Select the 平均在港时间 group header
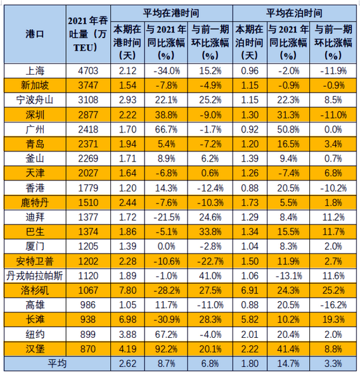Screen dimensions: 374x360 pyautogui.click(x=170, y=13)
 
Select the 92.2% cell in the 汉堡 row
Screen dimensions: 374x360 pyautogui.click(x=165, y=349)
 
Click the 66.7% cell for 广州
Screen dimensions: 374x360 pyautogui.click(x=165, y=130)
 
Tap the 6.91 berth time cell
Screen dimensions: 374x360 pyautogui.click(x=248, y=290)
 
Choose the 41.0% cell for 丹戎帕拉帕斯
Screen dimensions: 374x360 pyautogui.click(x=212, y=276)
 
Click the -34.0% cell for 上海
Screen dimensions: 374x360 pyautogui.click(x=165, y=72)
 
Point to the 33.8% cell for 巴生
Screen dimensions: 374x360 pyautogui.click(x=212, y=232)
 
